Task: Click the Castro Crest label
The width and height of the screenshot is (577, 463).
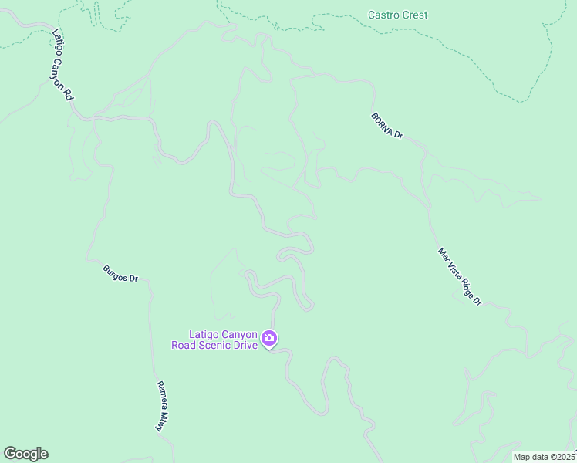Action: tap(397, 15)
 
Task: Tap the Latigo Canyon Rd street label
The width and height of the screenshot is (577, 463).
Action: tap(62, 65)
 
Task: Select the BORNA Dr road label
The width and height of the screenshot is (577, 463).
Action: tap(387, 124)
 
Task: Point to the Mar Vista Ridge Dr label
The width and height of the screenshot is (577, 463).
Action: tap(459, 276)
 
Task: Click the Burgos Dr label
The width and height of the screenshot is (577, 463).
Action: tap(120, 273)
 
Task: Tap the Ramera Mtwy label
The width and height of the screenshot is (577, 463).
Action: tap(163, 406)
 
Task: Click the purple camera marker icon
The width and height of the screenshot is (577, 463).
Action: tap(269, 338)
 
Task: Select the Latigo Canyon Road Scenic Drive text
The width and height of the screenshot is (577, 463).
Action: tap(224, 340)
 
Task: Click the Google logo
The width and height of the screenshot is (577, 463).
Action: tap(25, 453)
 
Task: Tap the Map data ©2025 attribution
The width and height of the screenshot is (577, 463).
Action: tap(545, 457)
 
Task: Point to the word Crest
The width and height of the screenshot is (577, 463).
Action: tap(414, 15)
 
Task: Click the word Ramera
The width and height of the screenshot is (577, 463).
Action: tap(161, 397)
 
